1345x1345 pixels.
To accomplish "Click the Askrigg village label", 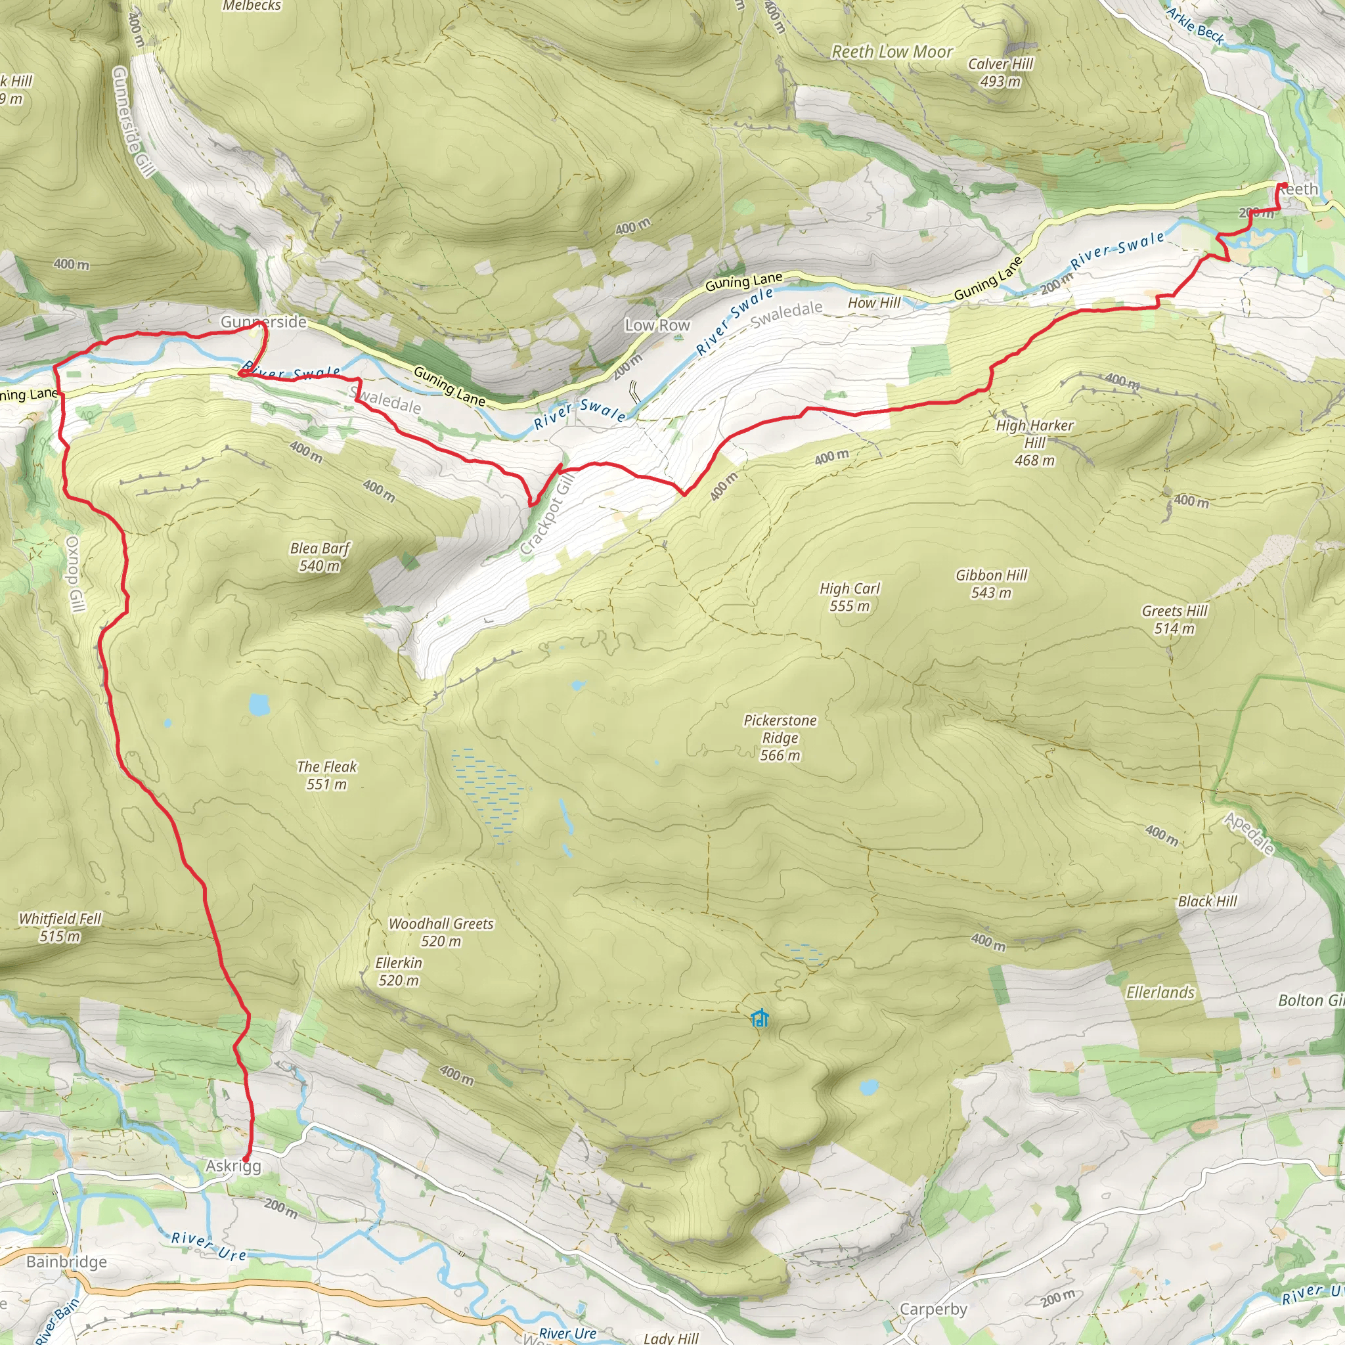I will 233,1166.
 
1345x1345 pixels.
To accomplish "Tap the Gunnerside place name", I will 263,322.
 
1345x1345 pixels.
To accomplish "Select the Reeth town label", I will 1298,189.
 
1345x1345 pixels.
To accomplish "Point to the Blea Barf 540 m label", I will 320,557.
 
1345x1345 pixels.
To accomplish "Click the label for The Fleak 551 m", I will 326,775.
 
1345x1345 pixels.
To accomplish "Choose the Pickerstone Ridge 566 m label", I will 780,738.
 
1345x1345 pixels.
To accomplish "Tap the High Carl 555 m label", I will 849,596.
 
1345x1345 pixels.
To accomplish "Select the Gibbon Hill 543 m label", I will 990,583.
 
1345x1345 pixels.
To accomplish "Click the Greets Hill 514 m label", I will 1174,619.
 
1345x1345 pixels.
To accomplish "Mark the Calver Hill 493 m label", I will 1000,72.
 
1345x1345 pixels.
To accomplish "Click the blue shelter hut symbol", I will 760,1018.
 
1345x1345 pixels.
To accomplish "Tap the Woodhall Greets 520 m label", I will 441,932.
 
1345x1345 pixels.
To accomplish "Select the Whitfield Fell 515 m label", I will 60,927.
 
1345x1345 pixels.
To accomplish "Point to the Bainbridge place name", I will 67,1262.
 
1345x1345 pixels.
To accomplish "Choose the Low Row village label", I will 657,325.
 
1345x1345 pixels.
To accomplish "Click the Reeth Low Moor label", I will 892,51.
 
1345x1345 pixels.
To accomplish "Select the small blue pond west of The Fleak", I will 258,705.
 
